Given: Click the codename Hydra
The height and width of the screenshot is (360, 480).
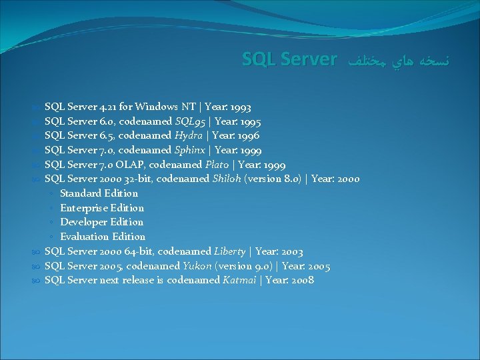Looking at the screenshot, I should click(x=189, y=135).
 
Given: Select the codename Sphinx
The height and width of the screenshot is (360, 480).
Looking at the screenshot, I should click(x=191, y=150).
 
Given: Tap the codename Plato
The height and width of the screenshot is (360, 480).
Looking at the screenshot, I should click(x=215, y=165).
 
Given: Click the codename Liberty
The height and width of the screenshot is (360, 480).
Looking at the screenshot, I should click(x=229, y=251).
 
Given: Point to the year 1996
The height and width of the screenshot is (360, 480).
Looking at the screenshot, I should click(x=246, y=135).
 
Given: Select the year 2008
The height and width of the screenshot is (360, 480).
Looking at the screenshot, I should click(x=300, y=280).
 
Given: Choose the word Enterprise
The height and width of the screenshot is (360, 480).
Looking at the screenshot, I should click(x=85, y=208).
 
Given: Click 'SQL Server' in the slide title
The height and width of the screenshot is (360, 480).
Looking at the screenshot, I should click(x=289, y=60).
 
